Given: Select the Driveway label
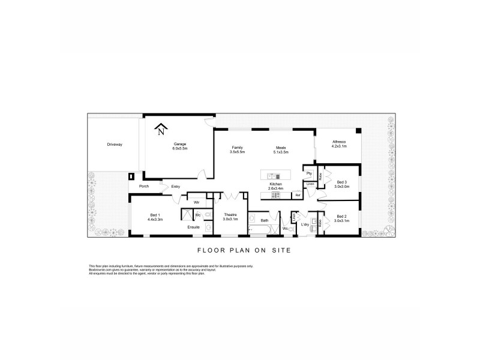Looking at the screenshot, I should [114, 145].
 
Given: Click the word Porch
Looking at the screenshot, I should [144, 186].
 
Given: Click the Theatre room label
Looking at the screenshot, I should [230, 215].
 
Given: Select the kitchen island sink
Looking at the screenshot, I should [271, 176].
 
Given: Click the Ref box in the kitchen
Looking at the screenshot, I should [297, 195].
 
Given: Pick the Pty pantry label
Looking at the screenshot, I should [309, 173].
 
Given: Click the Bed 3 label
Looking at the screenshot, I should [341, 182].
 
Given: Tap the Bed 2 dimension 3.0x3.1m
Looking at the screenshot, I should [342, 220].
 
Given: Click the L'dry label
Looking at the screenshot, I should [304, 224].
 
